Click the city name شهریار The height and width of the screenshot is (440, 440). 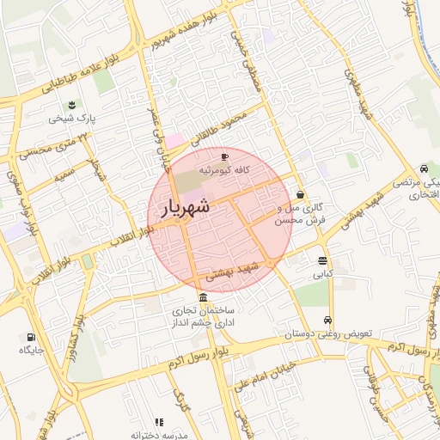coord(183,207)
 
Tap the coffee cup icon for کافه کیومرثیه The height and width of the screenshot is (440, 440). coord(224,157)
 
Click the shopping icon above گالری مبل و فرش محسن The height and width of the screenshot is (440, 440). coord(300,194)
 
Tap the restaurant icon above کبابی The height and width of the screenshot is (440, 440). coord(322,260)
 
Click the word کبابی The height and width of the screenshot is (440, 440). coord(322,274)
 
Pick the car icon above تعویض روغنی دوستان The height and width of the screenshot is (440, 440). coord(327,320)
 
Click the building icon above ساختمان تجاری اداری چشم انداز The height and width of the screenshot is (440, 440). coord(202,297)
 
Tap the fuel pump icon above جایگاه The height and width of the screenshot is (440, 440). coord(32,337)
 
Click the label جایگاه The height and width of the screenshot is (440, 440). coord(32,350)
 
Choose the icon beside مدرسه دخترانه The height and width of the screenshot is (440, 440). coord(158,422)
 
